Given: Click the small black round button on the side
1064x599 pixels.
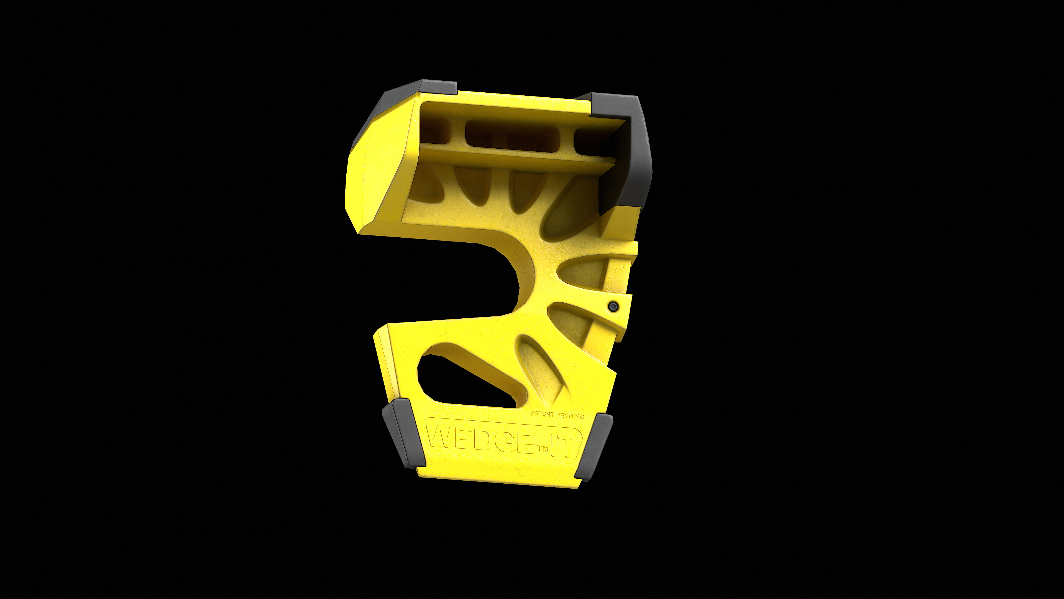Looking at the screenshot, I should [613, 306].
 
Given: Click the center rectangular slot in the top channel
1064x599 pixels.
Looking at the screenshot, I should [512, 136].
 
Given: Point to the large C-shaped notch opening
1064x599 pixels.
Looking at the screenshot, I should [446, 281].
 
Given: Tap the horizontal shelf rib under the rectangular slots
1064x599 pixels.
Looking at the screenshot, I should [516, 159].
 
